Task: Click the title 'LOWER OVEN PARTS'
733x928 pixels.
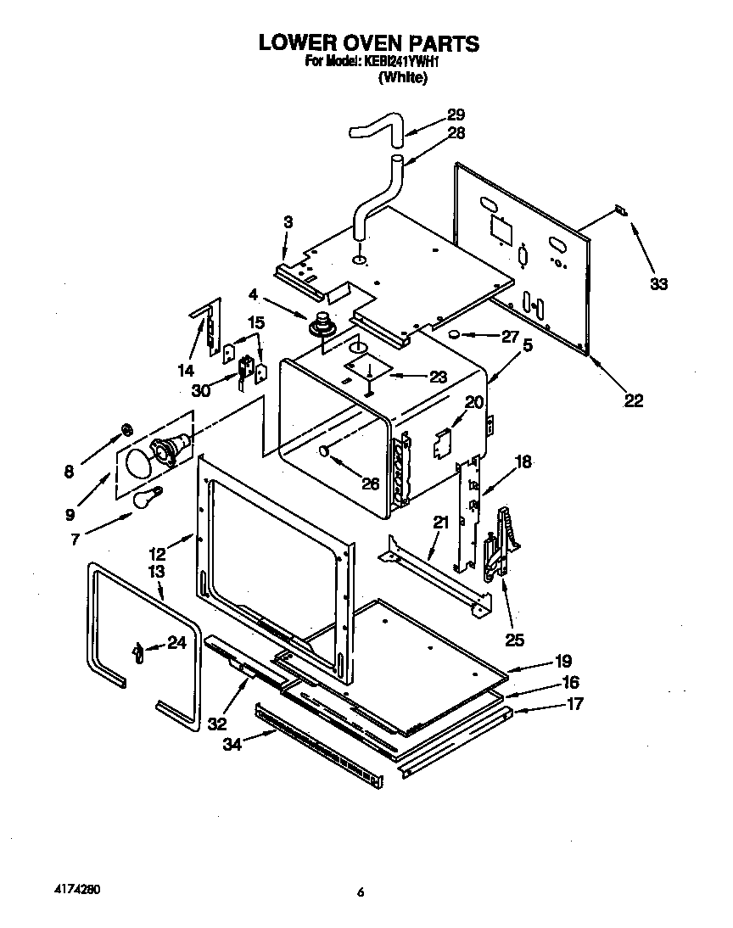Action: click(368, 42)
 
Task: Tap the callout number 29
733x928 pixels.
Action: click(456, 115)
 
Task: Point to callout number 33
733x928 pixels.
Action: click(658, 284)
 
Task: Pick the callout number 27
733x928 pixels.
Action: click(509, 336)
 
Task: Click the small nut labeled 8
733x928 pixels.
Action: click(125, 428)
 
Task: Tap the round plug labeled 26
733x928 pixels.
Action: click(324, 453)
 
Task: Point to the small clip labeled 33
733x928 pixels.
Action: click(620, 210)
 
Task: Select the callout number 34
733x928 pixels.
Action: click(232, 744)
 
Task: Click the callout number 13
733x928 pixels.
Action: click(156, 573)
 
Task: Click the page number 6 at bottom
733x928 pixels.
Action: click(361, 892)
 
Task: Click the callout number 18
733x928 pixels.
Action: click(523, 461)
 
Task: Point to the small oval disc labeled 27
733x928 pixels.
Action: click(456, 334)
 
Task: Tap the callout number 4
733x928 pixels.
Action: click(253, 295)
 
